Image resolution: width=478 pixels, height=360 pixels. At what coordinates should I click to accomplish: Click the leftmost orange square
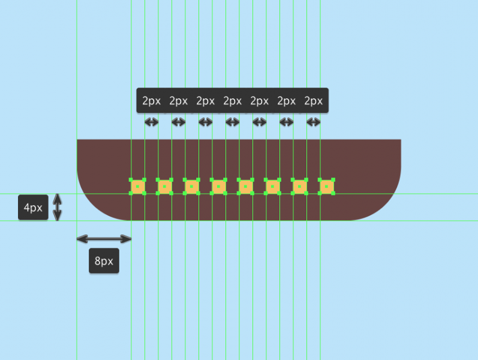pos(138,187)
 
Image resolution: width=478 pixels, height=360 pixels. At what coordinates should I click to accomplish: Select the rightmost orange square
pos(326,187)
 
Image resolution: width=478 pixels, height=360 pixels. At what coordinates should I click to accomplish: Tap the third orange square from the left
pos(191,187)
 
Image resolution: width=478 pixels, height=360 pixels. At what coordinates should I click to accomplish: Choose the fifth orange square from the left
pos(245,187)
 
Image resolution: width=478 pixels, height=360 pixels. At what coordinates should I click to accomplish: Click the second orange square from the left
pos(165,187)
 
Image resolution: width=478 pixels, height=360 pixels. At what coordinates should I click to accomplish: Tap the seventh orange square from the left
pos(299,187)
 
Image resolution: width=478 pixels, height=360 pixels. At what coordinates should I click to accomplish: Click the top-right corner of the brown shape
pos(400,140)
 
